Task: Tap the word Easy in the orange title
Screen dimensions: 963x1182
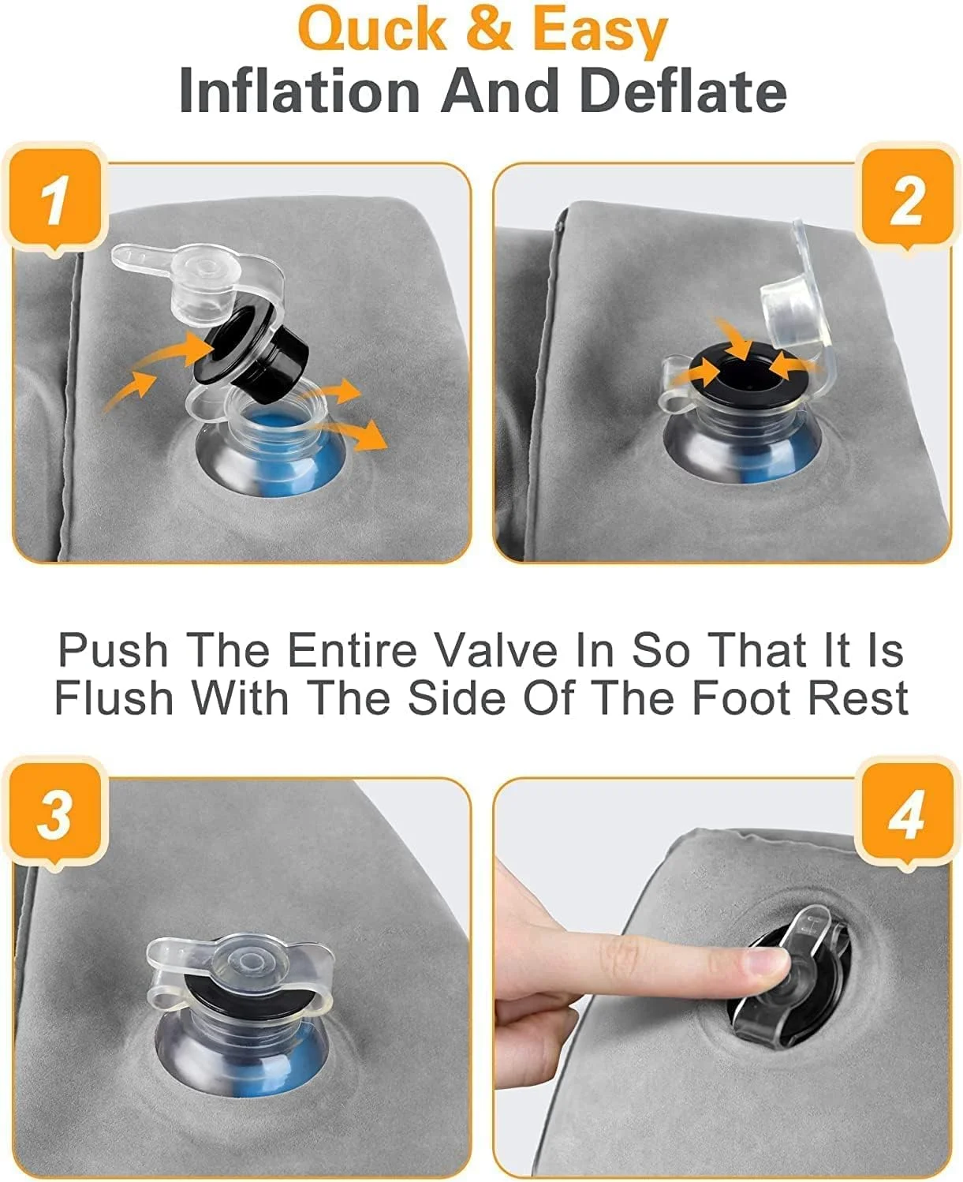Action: [599, 32]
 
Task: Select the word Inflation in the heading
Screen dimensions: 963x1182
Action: [300, 91]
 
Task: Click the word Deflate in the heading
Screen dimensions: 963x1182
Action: [685, 91]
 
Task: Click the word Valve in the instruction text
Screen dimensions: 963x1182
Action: [495, 650]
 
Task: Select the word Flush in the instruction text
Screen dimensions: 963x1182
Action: [114, 698]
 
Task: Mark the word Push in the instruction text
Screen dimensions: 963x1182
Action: [113, 650]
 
